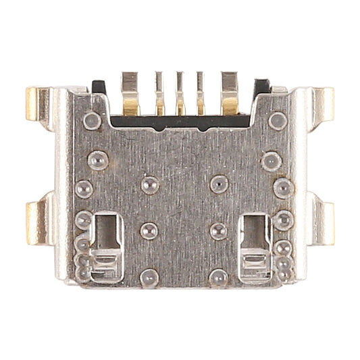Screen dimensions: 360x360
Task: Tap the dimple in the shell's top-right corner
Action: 277,121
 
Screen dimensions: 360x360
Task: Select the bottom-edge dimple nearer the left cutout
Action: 147,276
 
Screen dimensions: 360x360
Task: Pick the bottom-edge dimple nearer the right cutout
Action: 218,276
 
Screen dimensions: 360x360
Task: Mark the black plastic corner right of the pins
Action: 260,86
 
